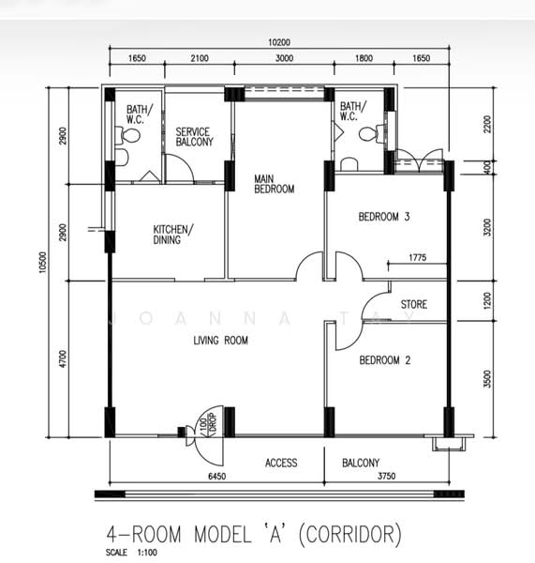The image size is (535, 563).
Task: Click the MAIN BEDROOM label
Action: coord(275,182)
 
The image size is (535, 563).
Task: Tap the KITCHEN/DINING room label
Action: coord(173,235)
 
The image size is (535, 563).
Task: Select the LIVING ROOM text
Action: coord(220,341)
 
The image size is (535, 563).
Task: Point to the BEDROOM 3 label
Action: coord(384,217)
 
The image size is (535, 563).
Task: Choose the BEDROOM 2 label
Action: coord(384,360)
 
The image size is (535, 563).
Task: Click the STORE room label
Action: coord(415,305)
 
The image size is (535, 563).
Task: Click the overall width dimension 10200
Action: coord(279,41)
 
